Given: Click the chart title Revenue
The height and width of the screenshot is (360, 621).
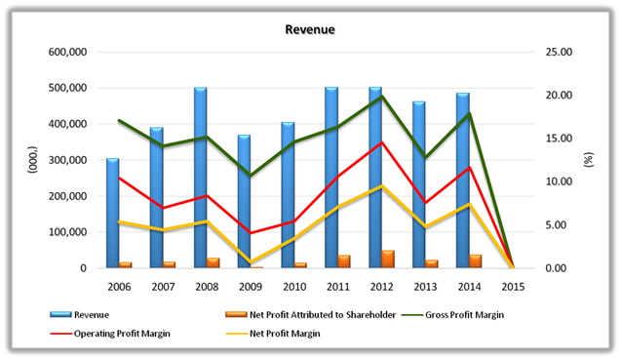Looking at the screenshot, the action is point(310,29).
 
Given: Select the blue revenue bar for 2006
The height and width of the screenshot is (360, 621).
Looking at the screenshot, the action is point(112,214).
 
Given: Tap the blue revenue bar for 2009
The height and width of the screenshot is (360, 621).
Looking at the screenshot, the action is point(244,201).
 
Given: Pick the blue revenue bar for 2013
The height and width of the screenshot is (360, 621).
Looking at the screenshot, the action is point(419,184).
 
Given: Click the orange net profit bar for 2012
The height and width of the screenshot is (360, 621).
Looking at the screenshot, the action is point(388,259).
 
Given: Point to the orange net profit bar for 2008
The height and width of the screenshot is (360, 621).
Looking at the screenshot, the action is point(213,262).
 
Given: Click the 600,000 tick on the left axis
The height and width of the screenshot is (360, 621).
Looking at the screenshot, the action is point(67,52).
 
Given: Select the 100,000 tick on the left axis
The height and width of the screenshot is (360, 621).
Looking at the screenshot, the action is point(67,232).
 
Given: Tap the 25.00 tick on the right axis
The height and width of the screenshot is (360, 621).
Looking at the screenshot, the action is point(559,52).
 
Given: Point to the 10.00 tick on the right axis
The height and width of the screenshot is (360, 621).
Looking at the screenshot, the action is point(559,181).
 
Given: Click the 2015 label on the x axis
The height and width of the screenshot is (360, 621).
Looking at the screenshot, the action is point(513,287).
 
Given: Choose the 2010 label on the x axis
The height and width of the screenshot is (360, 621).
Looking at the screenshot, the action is point(294,287).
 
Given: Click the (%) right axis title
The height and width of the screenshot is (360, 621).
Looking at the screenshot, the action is point(589,160).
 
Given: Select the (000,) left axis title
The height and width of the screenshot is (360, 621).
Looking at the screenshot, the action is point(32,160).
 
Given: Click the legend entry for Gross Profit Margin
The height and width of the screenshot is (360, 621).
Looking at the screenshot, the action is point(452,315).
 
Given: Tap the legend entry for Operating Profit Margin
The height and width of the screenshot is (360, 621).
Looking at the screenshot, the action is point(110,334).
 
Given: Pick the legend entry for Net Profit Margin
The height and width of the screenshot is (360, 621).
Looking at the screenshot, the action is point(273,334).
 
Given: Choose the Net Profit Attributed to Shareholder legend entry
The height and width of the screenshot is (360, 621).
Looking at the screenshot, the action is point(310,315).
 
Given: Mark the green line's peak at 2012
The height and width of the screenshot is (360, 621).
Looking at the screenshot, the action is point(382,96).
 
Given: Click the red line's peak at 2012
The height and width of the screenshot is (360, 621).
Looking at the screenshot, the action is point(382,141).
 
